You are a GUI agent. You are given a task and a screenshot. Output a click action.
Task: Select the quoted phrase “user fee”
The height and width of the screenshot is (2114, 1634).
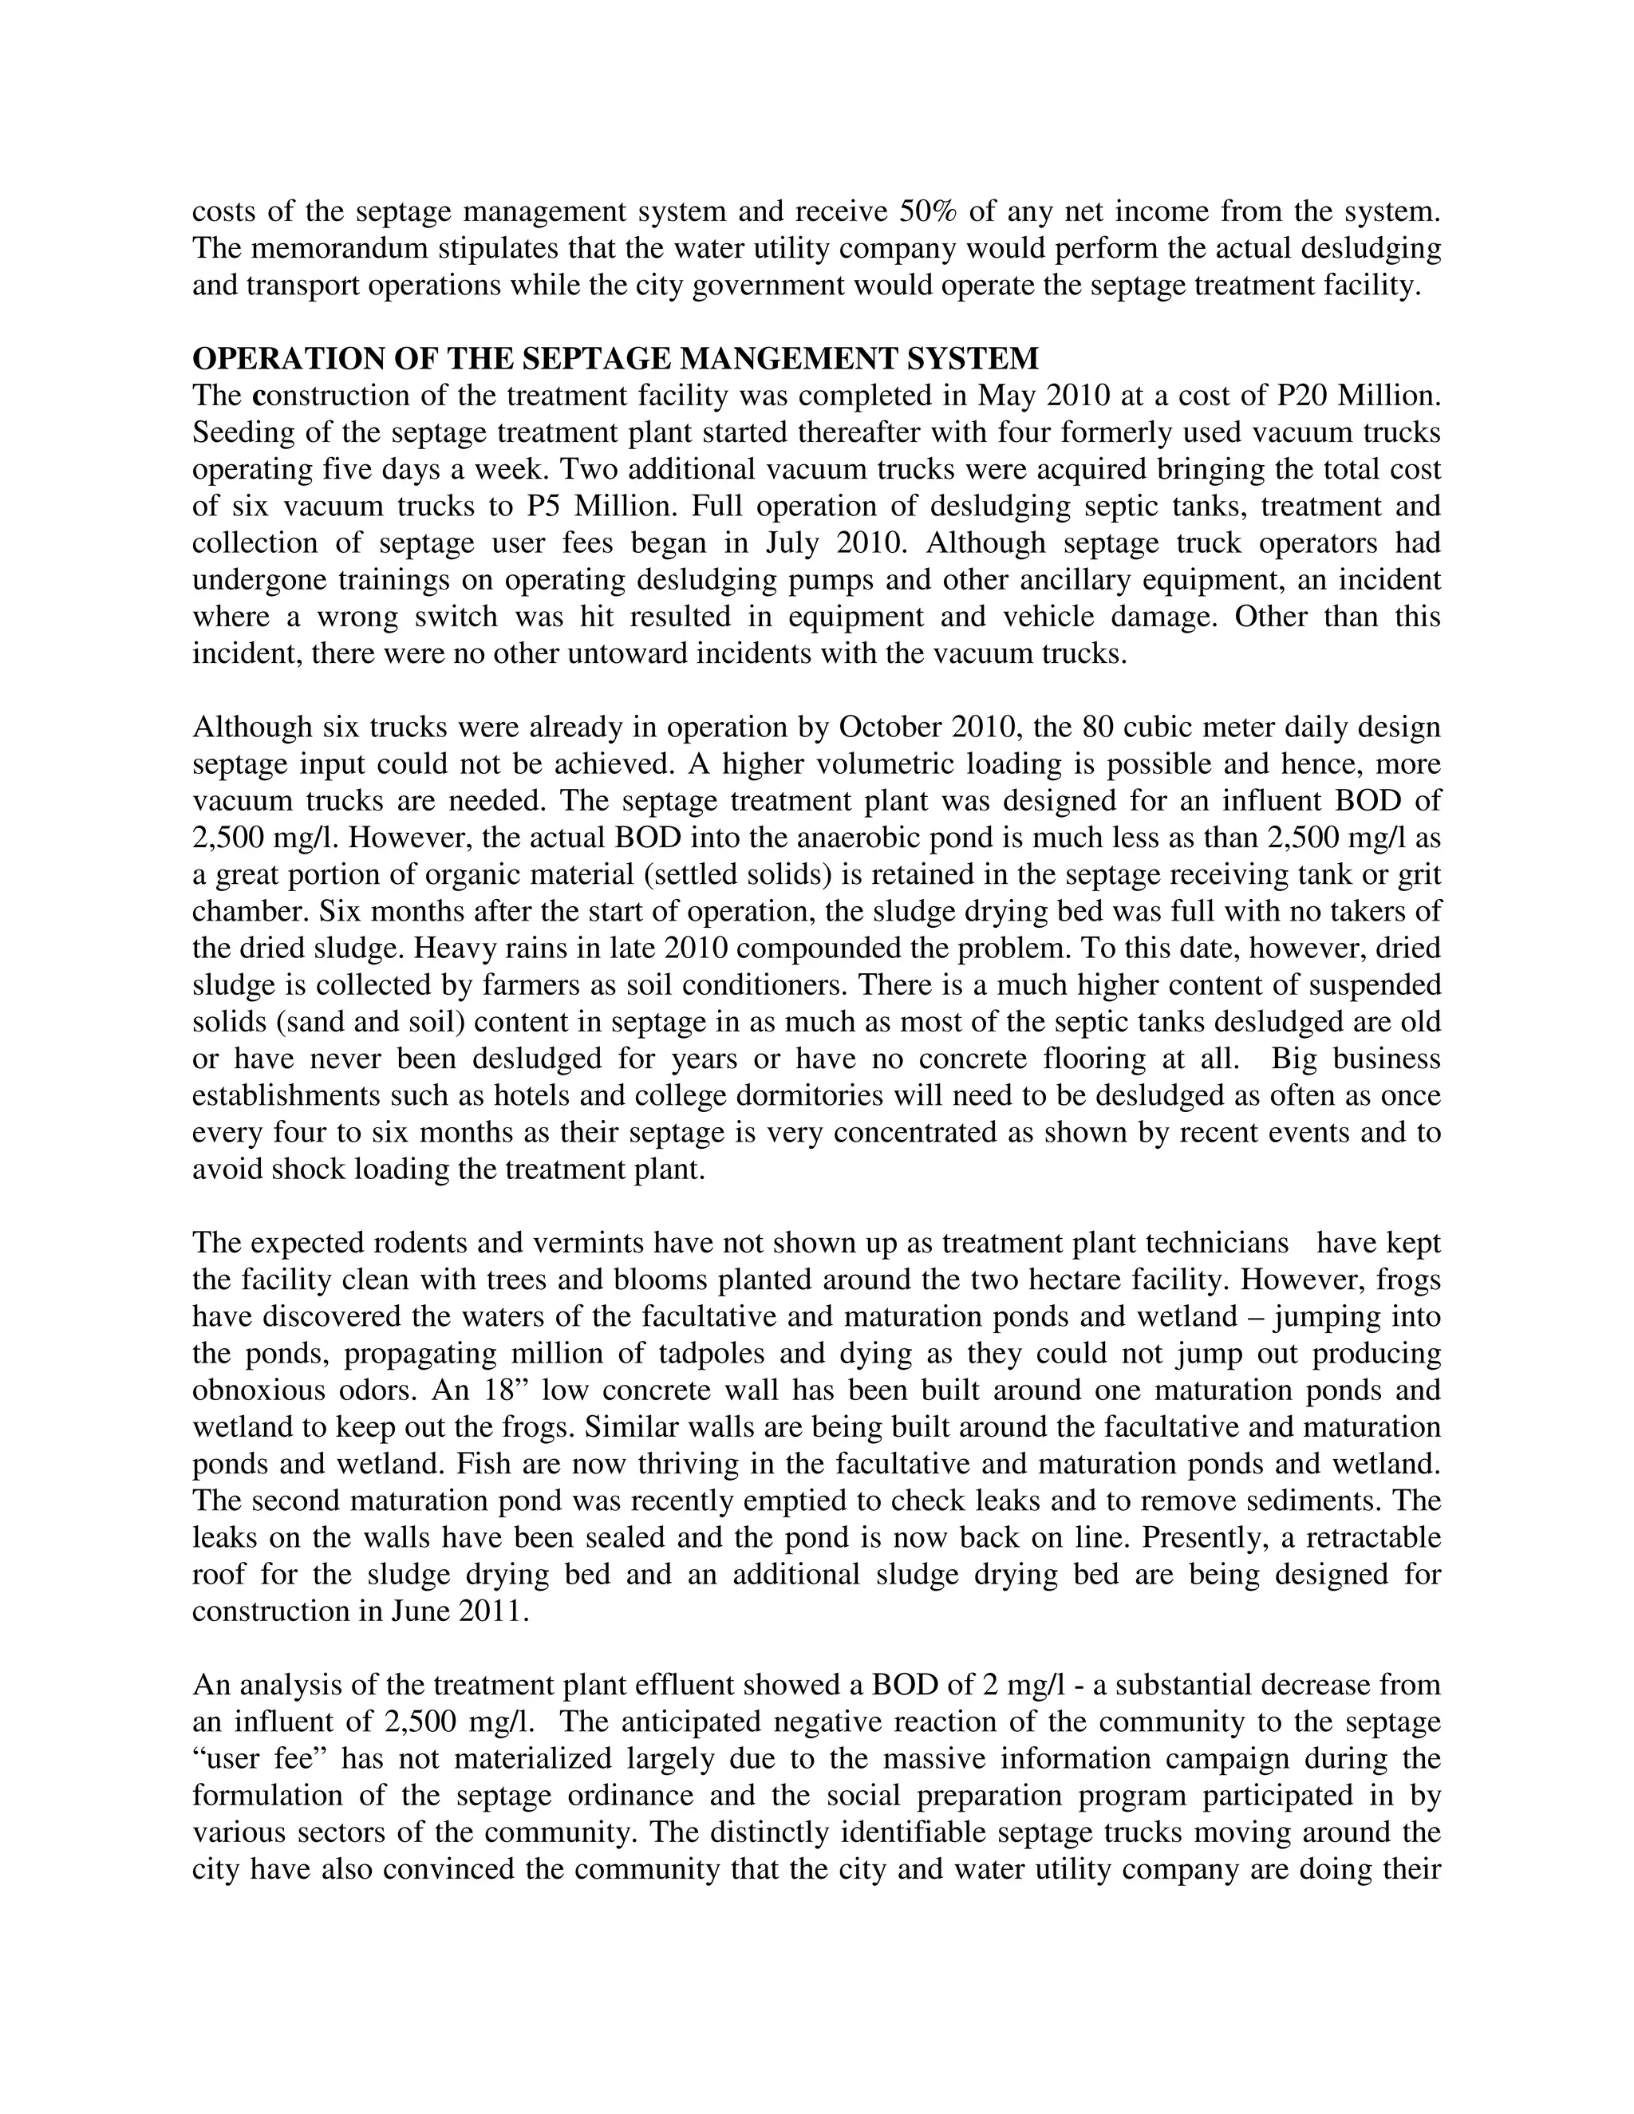(255, 1759)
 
